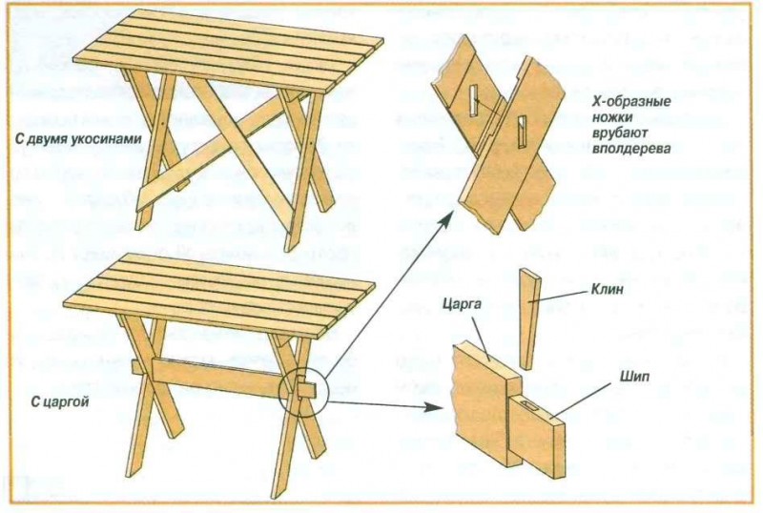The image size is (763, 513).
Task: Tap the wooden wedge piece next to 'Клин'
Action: (x=528, y=318)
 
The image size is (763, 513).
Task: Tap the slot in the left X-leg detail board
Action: (x=475, y=97)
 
